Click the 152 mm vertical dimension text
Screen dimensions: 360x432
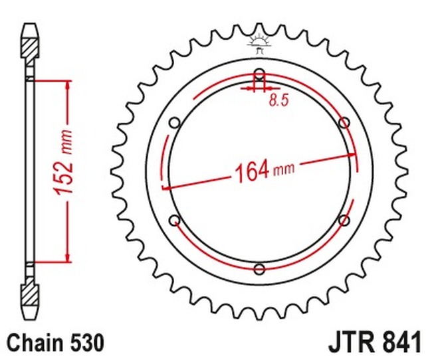pyautogui.click(x=64, y=169)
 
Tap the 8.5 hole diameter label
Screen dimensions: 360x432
pyautogui.click(x=278, y=101)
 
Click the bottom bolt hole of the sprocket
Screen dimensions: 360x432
pyautogui.click(x=259, y=269)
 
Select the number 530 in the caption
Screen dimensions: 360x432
pyautogui.click(x=86, y=343)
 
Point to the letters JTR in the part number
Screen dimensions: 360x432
pyautogui.click(x=350, y=343)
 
